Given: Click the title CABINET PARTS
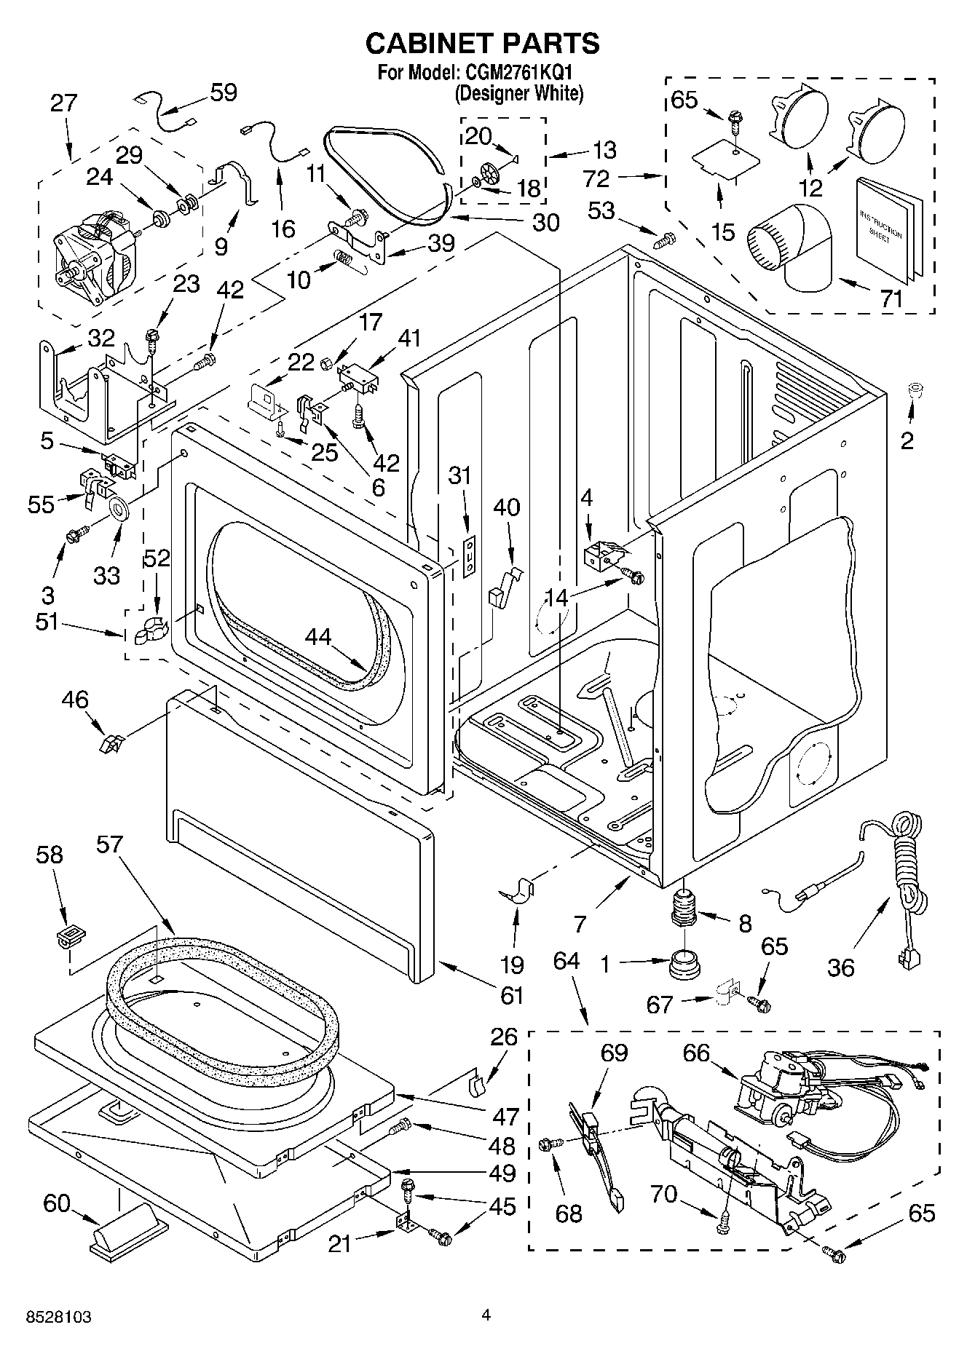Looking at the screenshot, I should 482,44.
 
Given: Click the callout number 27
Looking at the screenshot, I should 63,103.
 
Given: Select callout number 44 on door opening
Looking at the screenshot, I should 317,638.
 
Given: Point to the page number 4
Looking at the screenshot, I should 486,1315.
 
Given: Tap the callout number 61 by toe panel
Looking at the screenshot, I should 512,994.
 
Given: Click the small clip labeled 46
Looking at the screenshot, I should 111,744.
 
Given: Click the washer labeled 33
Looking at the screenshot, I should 119,508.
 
